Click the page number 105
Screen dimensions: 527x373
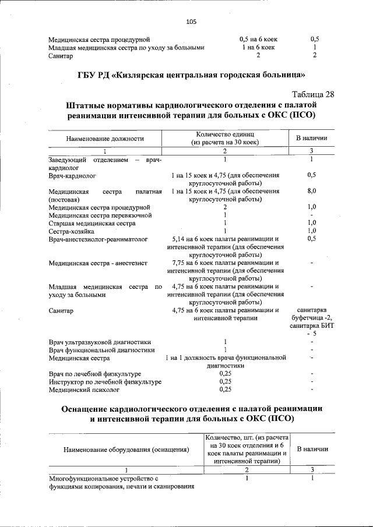191,22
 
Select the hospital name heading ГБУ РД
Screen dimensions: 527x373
191,75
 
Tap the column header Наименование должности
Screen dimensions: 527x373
104,139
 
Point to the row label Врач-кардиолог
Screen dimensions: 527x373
72,175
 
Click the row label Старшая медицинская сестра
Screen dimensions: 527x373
87,223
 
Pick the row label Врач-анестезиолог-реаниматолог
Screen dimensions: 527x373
98,239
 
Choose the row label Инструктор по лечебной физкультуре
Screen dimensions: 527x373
105,381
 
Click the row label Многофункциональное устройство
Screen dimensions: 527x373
104,479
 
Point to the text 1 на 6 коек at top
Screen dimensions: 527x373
258,48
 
